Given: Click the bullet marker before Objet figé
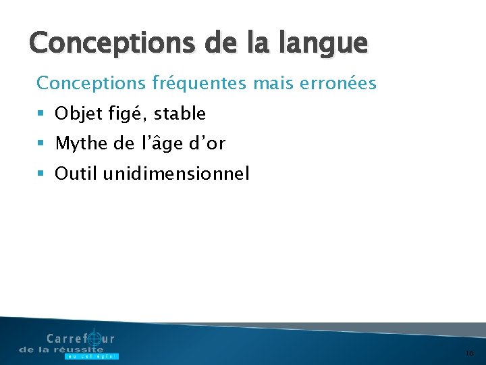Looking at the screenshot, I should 41,114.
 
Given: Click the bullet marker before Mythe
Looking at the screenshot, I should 41,144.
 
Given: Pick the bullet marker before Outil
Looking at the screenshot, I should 41,174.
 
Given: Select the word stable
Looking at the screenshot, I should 180,114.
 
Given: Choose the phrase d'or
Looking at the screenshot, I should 207,143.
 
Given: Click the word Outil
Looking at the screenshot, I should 76,174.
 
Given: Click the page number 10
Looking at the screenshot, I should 470,353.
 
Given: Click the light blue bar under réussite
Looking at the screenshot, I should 91,356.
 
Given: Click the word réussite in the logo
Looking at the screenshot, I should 80,349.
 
